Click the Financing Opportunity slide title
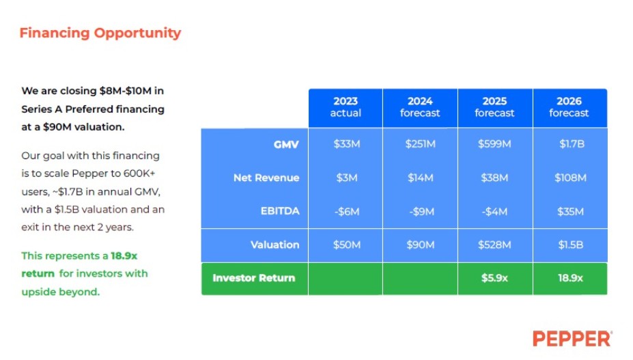(100, 33)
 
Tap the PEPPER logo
(572, 339)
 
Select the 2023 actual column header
(346, 107)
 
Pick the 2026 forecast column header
(569, 107)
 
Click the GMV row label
(286, 144)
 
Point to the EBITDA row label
(280, 211)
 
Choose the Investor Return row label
(254, 278)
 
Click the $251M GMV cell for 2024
(420, 144)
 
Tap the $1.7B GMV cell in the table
(572, 144)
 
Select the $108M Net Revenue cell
(570, 178)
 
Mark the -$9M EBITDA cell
(421, 211)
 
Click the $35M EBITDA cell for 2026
(570, 211)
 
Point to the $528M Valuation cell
(494, 245)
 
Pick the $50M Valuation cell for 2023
(346, 245)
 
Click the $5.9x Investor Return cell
(494, 278)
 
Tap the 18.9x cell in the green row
(570, 278)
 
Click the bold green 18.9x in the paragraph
(124, 255)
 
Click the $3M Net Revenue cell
(346, 178)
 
